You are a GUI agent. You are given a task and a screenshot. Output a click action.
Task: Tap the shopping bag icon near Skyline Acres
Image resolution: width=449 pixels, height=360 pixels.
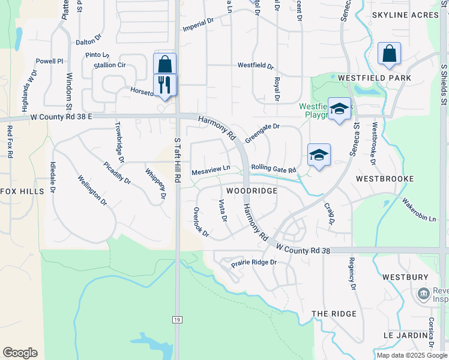pyautogui.click(x=390, y=53)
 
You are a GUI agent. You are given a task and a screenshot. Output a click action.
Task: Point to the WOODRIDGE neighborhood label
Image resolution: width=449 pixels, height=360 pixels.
pyautogui.click(x=252, y=191)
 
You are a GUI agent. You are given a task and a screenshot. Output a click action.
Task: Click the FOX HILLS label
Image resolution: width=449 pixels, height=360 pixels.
pyautogui.click(x=22, y=191)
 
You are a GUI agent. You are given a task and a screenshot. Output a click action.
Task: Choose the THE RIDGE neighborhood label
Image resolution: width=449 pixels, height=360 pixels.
pyautogui.click(x=334, y=314)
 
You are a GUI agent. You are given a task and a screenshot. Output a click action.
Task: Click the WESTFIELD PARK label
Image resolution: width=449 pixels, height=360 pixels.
pyautogui.click(x=375, y=78)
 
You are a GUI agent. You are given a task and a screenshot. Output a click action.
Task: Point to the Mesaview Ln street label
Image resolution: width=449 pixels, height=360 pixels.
pyautogui.click(x=211, y=172)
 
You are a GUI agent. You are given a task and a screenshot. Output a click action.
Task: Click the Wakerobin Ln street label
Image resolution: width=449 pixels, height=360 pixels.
pyautogui.click(x=419, y=210)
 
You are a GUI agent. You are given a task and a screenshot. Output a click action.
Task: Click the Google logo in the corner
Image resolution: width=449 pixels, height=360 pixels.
pyautogui.click(x=20, y=353)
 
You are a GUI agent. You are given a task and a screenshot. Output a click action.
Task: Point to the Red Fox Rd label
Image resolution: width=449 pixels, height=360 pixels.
pyautogui.click(x=10, y=141)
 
